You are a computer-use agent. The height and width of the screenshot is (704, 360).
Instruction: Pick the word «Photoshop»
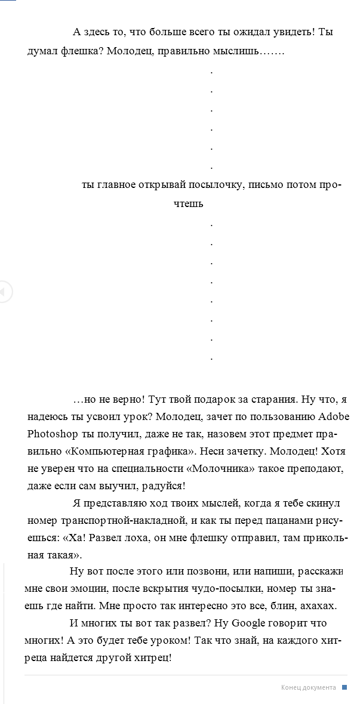pyautogui.click(x=49, y=432)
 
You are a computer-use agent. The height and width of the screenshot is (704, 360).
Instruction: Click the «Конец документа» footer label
pyautogui.click(x=308, y=688)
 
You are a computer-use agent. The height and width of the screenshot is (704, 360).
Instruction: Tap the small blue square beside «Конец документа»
pyautogui.click(x=344, y=688)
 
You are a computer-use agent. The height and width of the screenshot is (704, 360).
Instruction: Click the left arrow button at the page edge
pyautogui.click(x=4, y=292)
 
